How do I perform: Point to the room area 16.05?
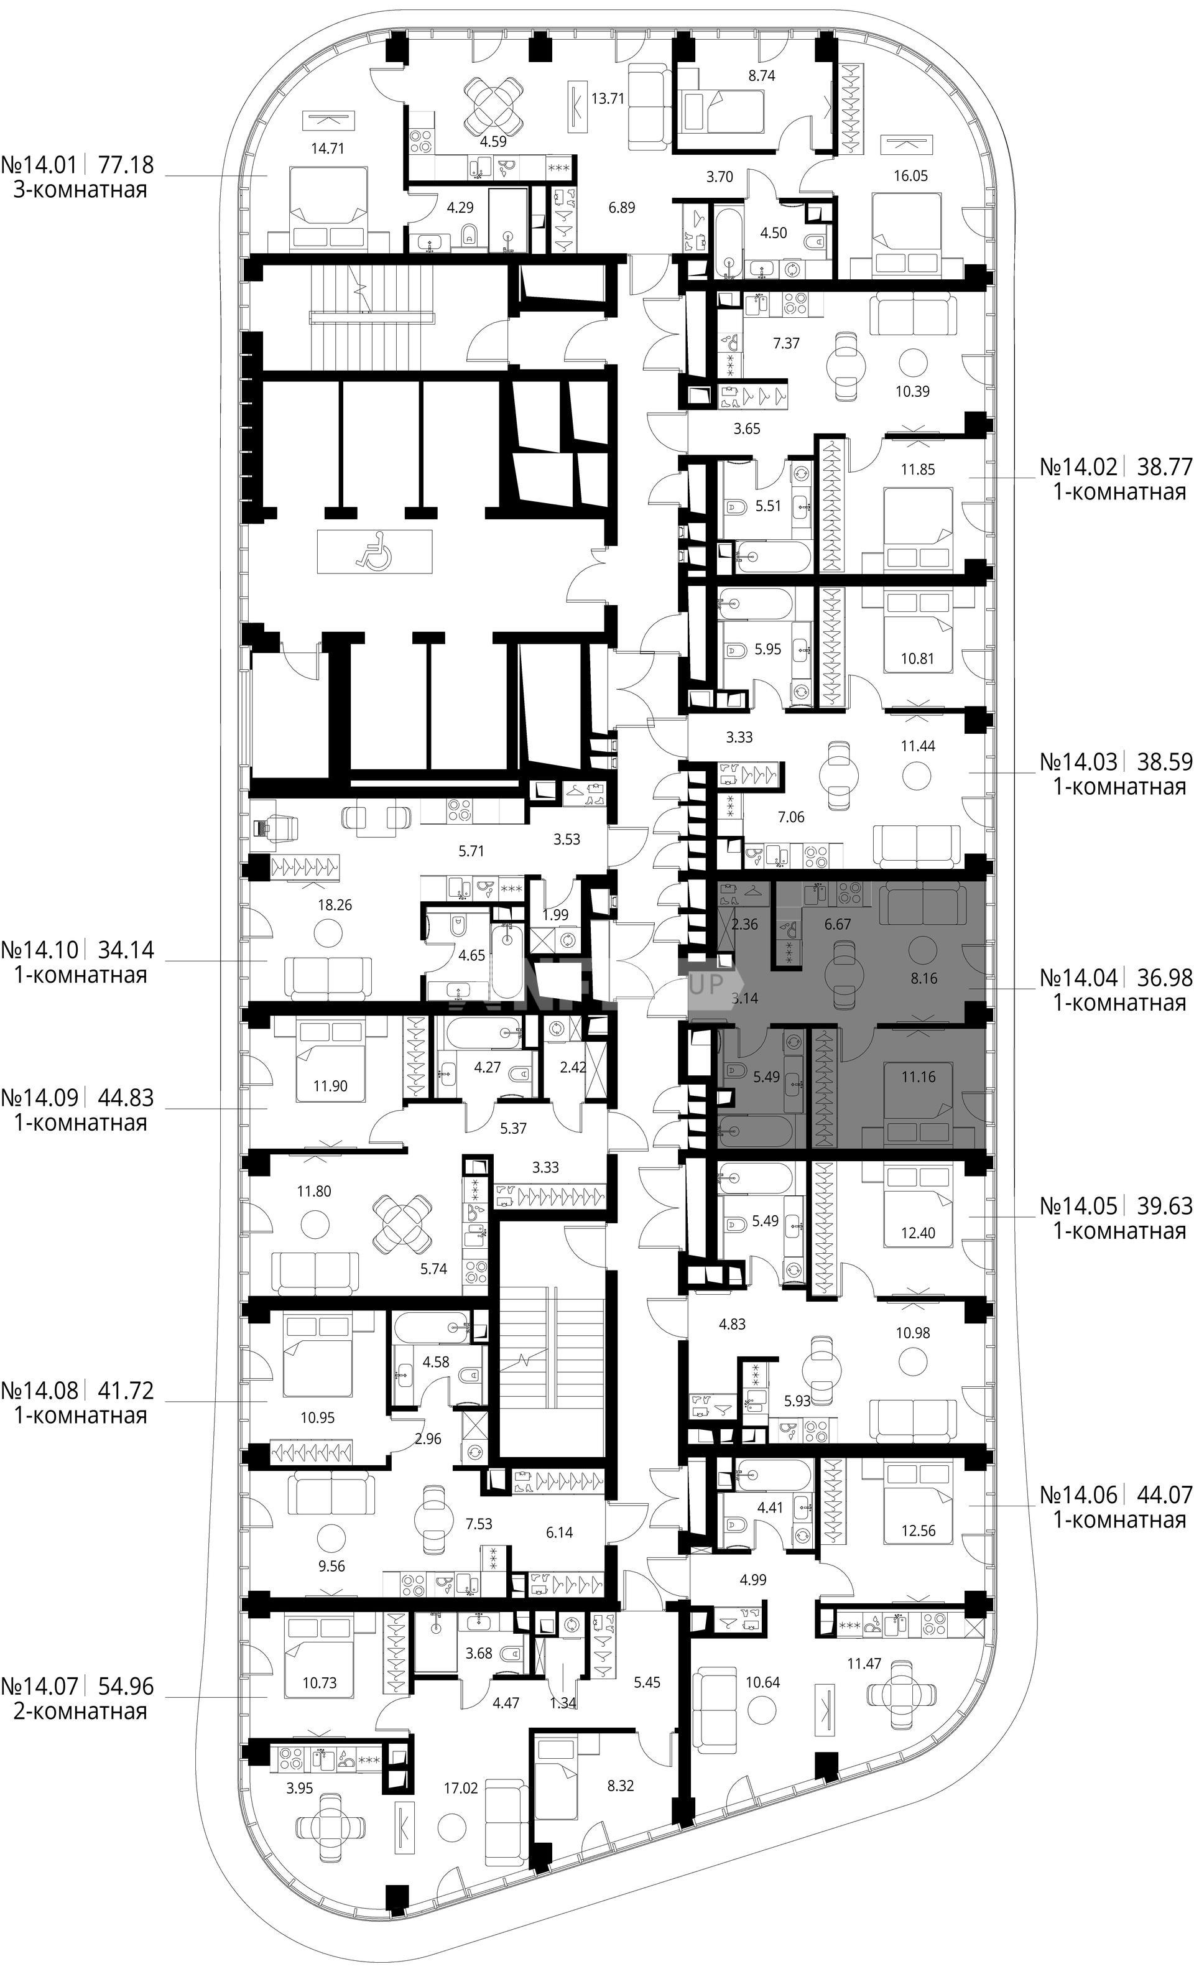910,176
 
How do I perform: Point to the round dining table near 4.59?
496,107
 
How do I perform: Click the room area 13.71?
608,99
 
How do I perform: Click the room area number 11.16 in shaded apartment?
919,1077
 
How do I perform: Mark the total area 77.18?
126,165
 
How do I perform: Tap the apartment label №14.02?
1079,466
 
